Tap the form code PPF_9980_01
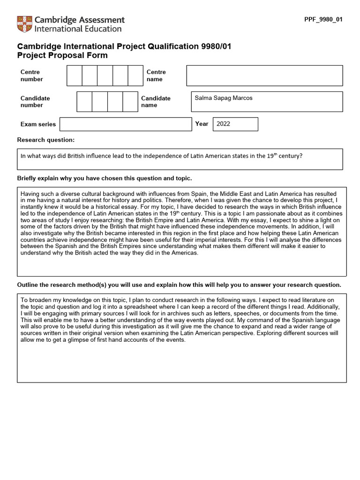point(323,20)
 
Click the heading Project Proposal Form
point(62,55)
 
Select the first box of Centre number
point(75,75)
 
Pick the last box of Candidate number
point(130,102)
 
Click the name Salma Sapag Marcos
point(224,98)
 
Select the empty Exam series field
point(126,124)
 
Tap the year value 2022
point(224,124)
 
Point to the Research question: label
point(46,140)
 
